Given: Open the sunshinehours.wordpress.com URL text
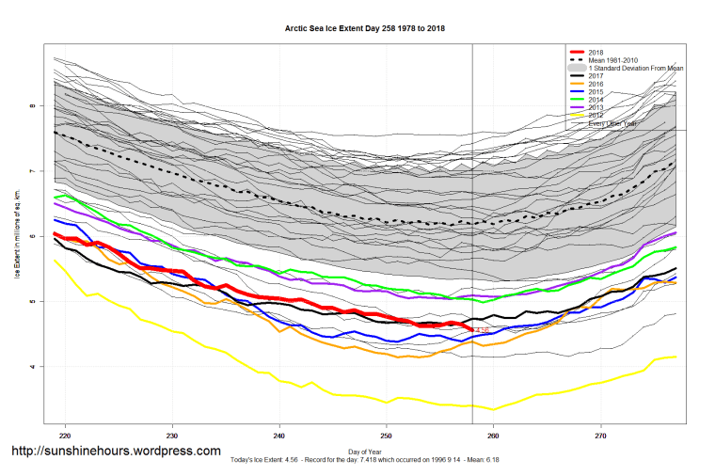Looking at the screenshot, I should [116, 452].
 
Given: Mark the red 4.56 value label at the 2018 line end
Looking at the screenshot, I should [482, 331].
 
